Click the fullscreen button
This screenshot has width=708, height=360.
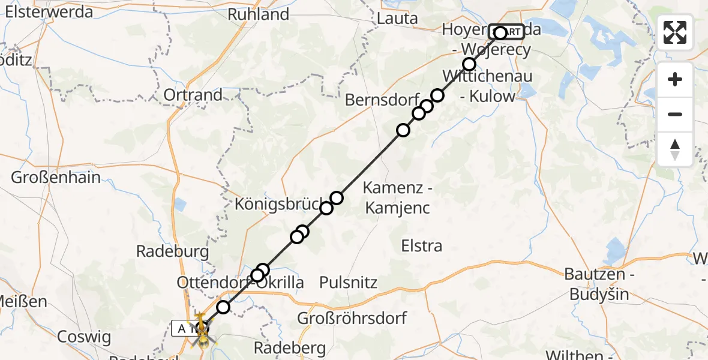675,32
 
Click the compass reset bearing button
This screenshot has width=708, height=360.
675,149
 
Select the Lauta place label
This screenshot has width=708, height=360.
397,19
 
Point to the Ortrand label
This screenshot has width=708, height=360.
193,95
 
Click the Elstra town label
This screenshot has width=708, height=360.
423,245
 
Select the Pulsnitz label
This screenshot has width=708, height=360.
348,281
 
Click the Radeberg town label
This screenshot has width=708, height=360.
290,347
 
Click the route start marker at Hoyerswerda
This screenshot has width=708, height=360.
500,32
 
